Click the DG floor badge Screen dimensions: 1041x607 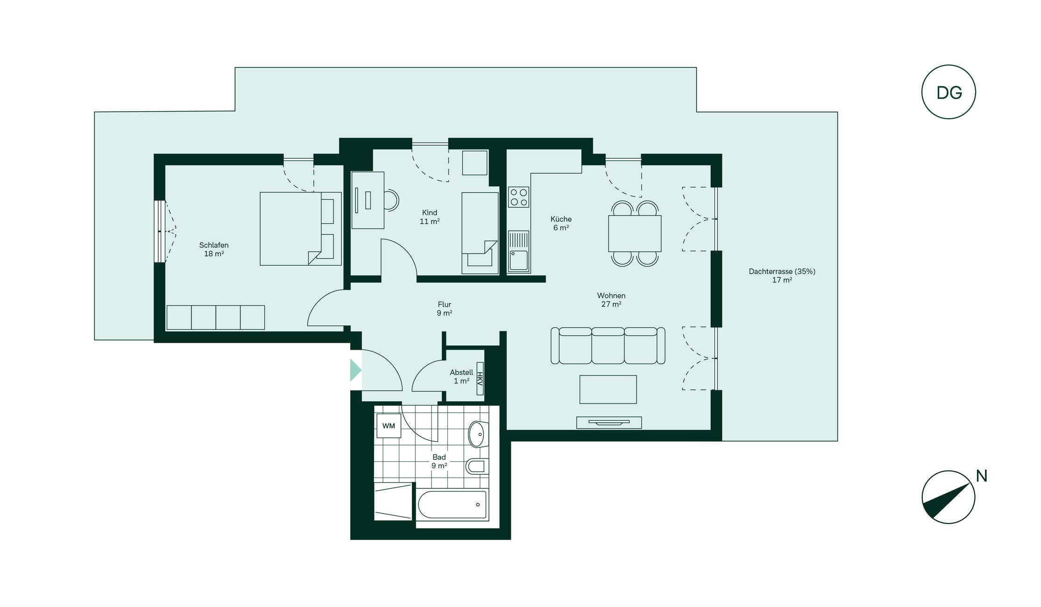click(948, 92)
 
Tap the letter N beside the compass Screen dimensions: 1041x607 click(981, 476)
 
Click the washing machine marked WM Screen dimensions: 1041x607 click(389, 426)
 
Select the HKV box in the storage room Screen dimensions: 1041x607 click(480, 379)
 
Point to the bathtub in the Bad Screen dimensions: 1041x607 click(452, 505)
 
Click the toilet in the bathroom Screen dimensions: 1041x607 click(477, 466)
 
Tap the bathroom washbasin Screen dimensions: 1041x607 click(478, 434)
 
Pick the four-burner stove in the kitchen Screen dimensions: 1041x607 click(518, 197)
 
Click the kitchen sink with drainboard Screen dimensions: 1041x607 click(518, 251)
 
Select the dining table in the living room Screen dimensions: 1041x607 click(635, 233)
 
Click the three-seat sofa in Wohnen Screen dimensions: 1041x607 click(608, 346)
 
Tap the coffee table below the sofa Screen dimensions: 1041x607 click(608, 389)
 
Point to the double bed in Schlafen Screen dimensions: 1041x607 click(300, 229)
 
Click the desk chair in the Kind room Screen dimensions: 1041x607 click(391, 200)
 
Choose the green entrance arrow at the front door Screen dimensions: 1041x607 click(355, 370)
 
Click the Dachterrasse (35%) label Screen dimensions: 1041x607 click(782, 271)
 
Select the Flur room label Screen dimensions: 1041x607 click(444, 304)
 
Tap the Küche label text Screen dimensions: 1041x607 click(561, 219)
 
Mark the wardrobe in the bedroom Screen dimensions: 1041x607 click(216, 318)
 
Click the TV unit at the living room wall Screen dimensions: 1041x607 click(609, 423)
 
